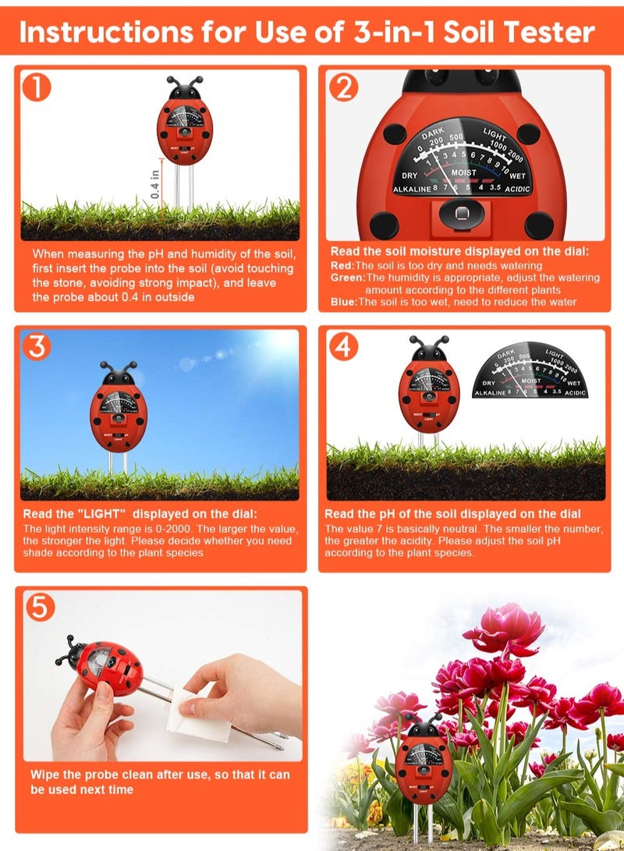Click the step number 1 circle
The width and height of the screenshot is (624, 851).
click(x=37, y=87)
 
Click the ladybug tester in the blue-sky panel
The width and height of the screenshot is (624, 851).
click(x=118, y=408)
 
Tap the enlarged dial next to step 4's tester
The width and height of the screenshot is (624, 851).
click(x=530, y=373)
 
